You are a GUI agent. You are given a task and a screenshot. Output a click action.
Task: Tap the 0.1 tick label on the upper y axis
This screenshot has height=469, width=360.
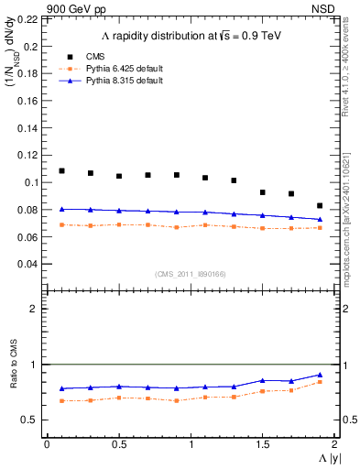coord(32,182)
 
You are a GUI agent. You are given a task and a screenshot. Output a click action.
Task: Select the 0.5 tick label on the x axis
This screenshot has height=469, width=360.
coord(118,444)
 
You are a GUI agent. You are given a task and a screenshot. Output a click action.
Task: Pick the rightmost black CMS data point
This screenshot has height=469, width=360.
coord(320,206)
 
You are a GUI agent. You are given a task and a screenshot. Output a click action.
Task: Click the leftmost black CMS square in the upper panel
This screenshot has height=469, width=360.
coord(62,171)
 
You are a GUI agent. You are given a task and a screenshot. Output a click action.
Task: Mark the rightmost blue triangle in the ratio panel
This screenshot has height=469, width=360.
coord(320,375)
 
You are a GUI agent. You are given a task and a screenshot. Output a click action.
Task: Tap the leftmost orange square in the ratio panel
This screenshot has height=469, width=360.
coord(62,400)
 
